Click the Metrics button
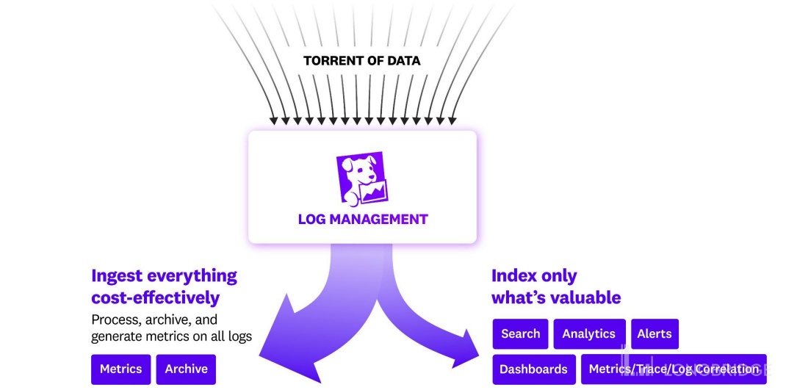pyautogui.click(x=120, y=369)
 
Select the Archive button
pyautogui.click(x=186, y=369)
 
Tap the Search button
pyautogui.click(x=520, y=333)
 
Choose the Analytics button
pyautogui.click(x=588, y=333)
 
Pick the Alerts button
pyautogui.click(x=654, y=333)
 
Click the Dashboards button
pyautogui.click(x=533, y=369)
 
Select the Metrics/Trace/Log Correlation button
pyautogui.click(x=673, y=369)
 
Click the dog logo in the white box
pyautogui.click(x=362, y=179)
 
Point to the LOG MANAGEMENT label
pyautogui.click(x=362, y=219)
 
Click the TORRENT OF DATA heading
pyautogui.click(x=362, y=61)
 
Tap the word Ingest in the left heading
pyautogui.click(x=117, y=276)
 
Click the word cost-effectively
pyautogui.click(x=155, y=298)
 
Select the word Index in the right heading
pyautogui.click(x=513, y=276)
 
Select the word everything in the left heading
pyautogui.click(x=192, y=276)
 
